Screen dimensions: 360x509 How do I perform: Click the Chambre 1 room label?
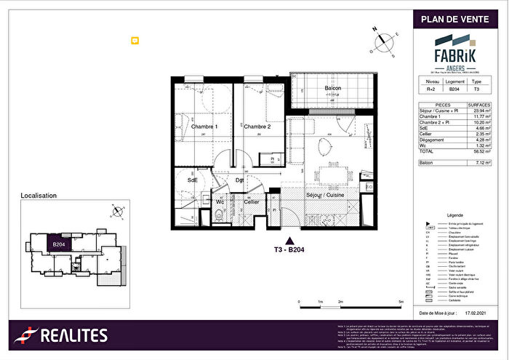[x=204, y=127]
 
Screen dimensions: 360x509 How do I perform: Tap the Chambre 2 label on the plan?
[x=257, y=127]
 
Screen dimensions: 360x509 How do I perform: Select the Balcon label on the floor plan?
[x=333, y=89]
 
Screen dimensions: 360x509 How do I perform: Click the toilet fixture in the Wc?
[x=219, y=215]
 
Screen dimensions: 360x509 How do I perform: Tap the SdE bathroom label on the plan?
[x=193, y=180]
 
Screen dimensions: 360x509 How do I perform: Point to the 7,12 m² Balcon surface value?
[x=481, y=164]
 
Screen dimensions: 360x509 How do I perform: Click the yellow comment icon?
[x=135, y=41]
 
